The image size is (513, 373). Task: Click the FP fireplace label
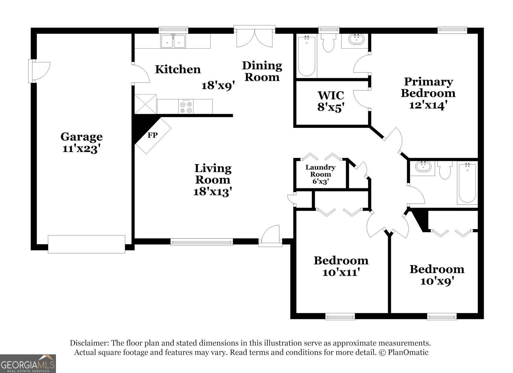[152, 135]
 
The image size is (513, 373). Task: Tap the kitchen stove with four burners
[186, 107]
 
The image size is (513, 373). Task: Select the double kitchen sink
[173, 41]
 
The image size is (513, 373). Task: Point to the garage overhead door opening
[87, 244]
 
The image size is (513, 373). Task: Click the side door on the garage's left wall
[39, 71]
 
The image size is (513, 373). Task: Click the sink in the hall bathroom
[423, 167]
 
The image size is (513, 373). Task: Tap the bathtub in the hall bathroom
[467, 183]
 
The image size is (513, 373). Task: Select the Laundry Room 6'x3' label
[320, 174]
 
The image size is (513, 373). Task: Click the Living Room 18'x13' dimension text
[212, 191]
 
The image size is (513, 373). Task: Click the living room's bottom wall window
[201, 242]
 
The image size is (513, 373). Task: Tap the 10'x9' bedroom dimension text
[437, 281]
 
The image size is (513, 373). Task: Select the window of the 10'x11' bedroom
[340, 316]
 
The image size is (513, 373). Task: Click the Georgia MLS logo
[28, 364]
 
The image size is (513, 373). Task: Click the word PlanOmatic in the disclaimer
[408, 352]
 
